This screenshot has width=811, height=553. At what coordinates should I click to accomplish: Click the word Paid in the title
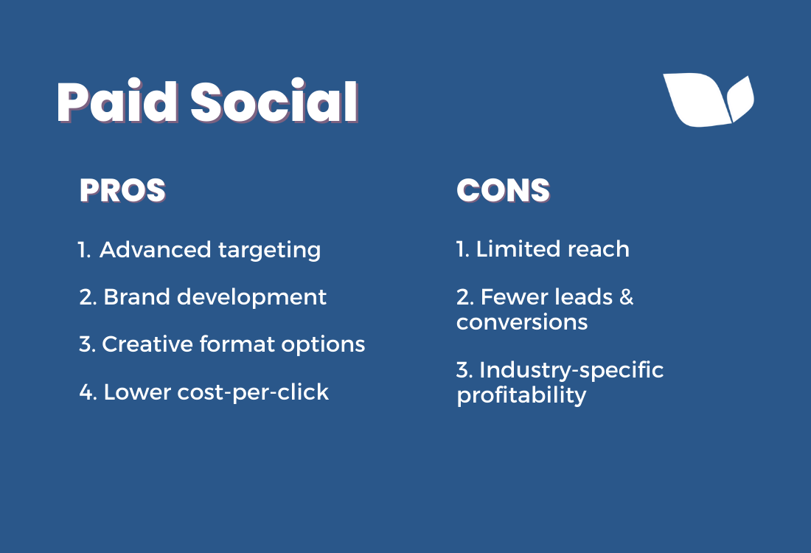point(117,101)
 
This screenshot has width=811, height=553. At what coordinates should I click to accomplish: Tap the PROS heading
point(122,190)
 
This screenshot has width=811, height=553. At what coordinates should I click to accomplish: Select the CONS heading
point(503,190)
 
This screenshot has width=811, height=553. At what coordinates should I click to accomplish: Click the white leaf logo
point(708,100)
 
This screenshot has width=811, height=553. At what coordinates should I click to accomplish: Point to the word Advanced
point(155,249)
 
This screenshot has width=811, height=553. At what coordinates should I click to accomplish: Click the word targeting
point(269,251)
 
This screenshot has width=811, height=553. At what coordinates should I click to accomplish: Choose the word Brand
point(136,297)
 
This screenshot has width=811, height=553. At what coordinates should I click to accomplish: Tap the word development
point(251,298)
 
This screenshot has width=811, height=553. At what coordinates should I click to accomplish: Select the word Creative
point(147,344)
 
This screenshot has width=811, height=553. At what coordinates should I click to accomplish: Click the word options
point(323,345)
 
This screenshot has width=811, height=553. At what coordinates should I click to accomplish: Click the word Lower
point(137,392)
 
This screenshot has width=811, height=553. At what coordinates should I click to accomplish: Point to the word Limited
point(518,248)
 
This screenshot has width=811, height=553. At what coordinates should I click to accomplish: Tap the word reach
point(599,248)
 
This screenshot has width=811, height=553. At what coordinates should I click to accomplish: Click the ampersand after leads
point(627,297)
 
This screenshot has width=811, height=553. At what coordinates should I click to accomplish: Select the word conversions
point(522,322)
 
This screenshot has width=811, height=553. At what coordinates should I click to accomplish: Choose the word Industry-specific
point(571,371)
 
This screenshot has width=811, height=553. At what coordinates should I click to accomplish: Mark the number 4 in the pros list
point(86,392)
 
